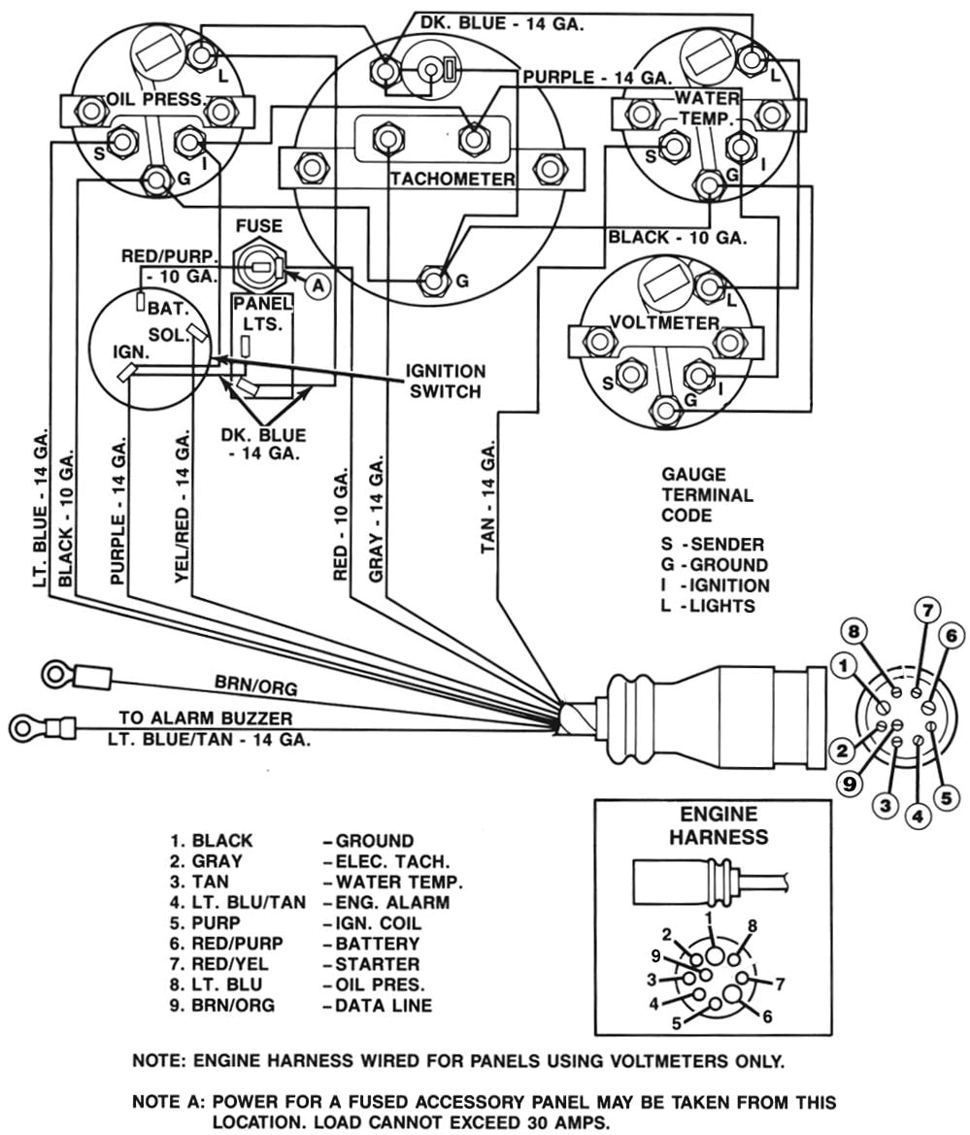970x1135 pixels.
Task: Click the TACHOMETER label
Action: tap(452, 179)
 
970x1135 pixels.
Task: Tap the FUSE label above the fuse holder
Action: tap(258, 226)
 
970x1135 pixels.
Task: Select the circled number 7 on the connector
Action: tap(926, 611)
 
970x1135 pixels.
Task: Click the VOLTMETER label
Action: tap(665, 322)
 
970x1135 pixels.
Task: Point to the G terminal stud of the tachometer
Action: tap(433, 280)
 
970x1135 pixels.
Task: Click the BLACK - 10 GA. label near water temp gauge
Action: tap(676, 237)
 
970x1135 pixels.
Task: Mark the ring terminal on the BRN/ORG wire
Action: tap(53, 673)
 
